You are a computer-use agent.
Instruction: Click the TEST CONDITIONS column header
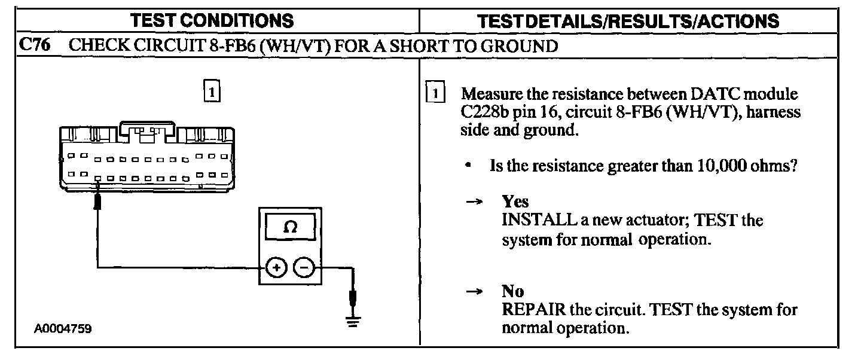tap(213, 22)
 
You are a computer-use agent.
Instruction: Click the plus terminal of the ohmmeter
tap(276, 269)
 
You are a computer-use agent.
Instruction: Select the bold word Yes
tap(515, 202)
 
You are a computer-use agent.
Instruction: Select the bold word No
tap(512, 292)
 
